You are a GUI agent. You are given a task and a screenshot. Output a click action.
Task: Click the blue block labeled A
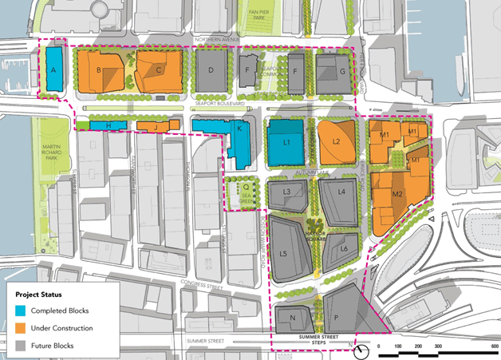[54, 69]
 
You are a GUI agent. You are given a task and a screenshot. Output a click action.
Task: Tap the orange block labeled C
[158, 70]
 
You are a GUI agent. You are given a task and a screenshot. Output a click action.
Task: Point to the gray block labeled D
[211, 70]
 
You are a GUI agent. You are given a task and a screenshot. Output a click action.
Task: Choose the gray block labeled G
[334, 72]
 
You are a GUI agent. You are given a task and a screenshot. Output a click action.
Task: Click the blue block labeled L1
[285, 142]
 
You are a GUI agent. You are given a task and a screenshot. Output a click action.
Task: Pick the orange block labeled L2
[336, 142]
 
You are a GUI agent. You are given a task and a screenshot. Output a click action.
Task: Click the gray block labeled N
[294, 318]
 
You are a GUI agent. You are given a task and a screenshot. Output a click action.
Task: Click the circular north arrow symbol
[362, 349]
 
